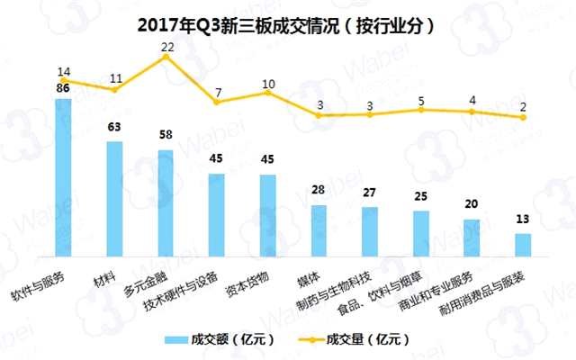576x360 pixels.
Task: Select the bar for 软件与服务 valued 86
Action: point(64,180)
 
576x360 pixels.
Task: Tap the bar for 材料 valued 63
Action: point(114,202)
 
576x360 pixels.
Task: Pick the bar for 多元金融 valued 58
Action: point(166,205)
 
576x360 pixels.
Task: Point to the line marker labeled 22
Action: point(166,57)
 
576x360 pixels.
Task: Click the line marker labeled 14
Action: point(64,81)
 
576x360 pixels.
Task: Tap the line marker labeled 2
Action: point(523,118)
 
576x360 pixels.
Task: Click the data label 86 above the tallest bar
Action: point(64,90)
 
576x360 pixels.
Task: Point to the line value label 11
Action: point(114,78)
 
